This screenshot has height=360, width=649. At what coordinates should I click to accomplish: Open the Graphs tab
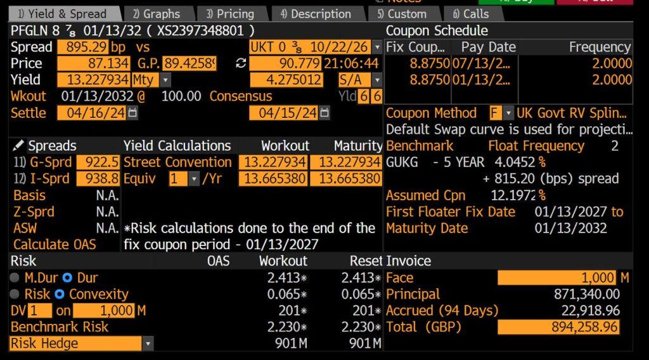[x=157, y=13]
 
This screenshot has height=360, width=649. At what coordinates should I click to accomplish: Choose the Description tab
[x=316, y=13]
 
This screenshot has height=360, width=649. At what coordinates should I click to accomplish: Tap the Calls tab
[x=471, y=13]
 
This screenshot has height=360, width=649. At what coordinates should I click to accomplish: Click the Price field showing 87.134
[x=94, y=63]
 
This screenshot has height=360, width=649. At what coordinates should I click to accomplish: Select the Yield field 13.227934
[x=94, y=80]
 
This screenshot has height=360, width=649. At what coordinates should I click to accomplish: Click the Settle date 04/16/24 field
[x=92, y=113]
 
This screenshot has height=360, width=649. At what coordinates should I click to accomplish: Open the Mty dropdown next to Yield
[x=165, y=80]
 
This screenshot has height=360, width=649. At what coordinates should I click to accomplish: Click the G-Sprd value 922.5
[x=98, y=162]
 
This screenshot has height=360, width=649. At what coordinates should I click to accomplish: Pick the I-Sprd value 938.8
[x=98, y=179]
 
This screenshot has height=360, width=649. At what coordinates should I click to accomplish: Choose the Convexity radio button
[x=60, y=294]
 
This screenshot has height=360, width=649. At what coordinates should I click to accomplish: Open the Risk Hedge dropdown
[x=147, y=344]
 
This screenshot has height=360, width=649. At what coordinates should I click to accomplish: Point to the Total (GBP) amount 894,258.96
[x=558, y=327]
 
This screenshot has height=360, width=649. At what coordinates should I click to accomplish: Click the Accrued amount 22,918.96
[x=590, y=311]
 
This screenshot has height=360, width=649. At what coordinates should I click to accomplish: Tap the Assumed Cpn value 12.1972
[x=513, y=195]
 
